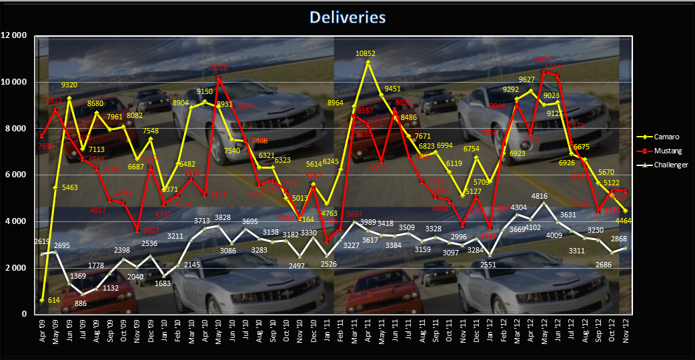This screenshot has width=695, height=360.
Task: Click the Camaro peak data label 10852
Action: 369,53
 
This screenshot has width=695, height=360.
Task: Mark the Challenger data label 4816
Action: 546,196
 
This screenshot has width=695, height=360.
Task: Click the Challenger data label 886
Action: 82,304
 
